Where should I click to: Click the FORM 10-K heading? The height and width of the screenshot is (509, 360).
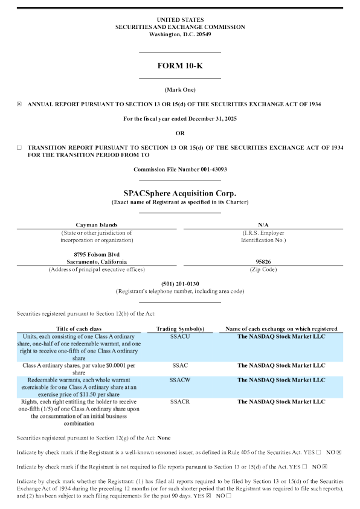179,66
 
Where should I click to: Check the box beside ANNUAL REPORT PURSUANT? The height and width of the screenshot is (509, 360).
19,104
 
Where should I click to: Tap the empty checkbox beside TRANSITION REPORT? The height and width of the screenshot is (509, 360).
19,147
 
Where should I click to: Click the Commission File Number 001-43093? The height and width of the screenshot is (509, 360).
180,170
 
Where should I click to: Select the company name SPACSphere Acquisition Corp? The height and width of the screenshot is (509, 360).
179,193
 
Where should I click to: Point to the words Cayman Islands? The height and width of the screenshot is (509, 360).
97,224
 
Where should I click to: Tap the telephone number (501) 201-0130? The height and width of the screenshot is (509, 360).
180,284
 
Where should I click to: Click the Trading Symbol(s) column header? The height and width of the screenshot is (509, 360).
181,328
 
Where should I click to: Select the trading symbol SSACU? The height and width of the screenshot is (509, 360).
181,336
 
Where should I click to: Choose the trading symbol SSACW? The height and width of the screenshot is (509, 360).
181,380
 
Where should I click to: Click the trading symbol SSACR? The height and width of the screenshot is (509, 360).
181,402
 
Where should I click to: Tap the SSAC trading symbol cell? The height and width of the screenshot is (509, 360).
181,365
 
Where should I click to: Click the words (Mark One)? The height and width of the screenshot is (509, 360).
179,89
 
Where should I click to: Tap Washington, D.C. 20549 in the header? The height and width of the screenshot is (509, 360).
179,34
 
